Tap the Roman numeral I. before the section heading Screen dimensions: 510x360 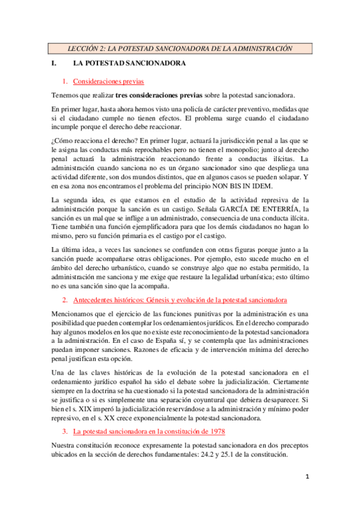point(54,63)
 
